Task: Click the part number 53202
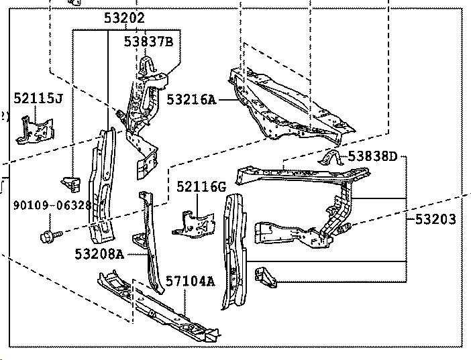coord(124,19)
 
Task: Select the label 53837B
coord(148,42)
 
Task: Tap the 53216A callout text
coord(191,100)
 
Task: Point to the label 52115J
coord(38,99)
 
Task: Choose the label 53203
coord(434,219)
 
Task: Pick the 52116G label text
coord(201,186)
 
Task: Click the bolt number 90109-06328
coord(52,205)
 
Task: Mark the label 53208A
coord(100,253)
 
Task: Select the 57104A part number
coord(191,281)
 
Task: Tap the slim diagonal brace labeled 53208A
coord(148,241)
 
